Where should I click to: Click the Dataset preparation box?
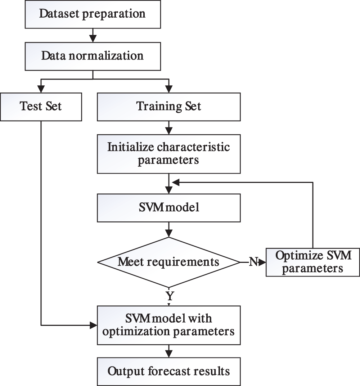(93, 14)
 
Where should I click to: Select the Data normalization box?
(93, 56)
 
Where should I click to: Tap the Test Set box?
(41, 107)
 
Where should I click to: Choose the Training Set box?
(168, 107)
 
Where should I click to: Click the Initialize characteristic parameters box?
(168, 154)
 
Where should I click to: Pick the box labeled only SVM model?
(168, 208)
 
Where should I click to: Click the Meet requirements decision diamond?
(168, 262)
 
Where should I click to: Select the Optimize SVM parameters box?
(312, 262)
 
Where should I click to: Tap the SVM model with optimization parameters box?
(168, 325)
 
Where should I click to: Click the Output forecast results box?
(168, 371)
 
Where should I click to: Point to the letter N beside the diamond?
(253, 262)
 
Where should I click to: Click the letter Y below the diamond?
(169, 296)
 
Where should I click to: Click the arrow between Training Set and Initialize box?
(168, 127)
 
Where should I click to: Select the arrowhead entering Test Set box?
(41, 88)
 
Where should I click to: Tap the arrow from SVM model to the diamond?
(168, 229)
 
